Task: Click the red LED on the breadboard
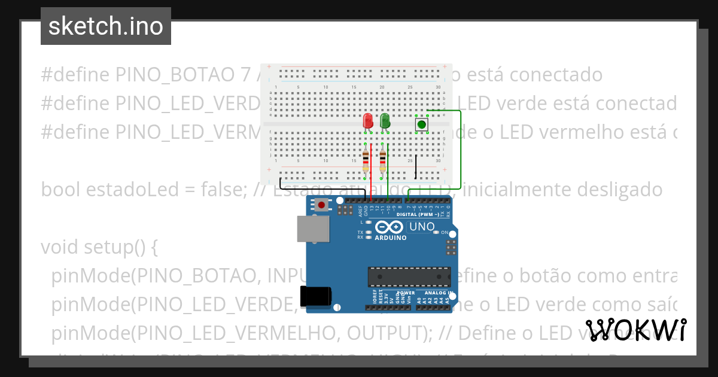tap(368, 120)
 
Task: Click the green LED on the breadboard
tap(385, 120)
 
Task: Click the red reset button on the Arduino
tap(322, 205)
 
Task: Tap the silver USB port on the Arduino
tap(313, 229)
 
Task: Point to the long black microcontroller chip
tap(409, 276)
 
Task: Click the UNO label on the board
tap(421, 227)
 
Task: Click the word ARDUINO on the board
tap(390, 238)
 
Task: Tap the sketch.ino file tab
tap(106, 26)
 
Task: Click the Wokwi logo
tap(636, 330)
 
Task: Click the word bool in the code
tap(61, 190)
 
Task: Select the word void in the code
tap(60, 247)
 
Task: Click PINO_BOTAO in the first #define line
tap(175, 75)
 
